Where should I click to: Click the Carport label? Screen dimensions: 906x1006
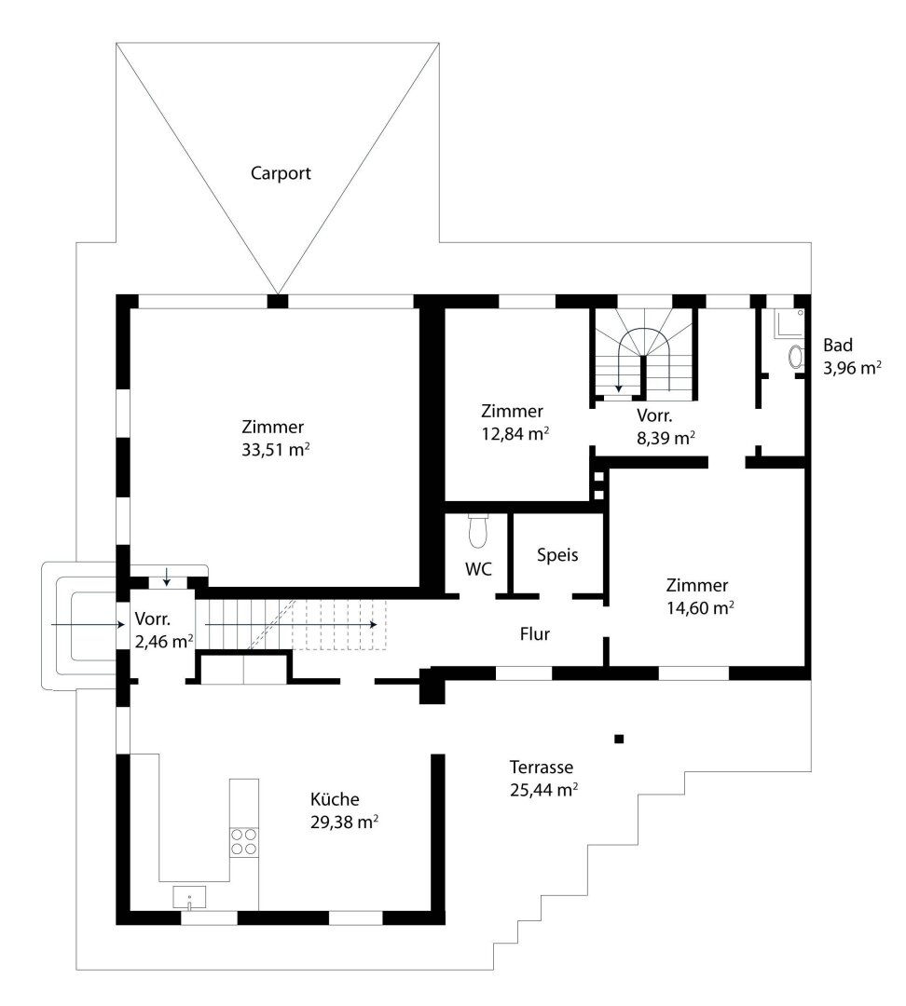pyautogui.click(x=281, y=173)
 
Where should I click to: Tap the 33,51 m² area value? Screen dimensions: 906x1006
pyautogui.click(x=276, y=449)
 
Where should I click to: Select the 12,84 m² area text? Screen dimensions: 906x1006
pyautogui.click(x=515, y=434)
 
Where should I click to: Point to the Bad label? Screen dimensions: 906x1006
pyautogui.click(x=838, y=346)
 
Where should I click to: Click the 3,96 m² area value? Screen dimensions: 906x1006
pyautogui.click(x=852, y=368)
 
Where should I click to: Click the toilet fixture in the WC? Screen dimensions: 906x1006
pyautogui.click(x=478, y=531)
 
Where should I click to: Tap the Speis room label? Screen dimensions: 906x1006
pyautogui.click(x=557, y=555)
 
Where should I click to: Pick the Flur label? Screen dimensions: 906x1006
pyautogui.click(x=535, y=634)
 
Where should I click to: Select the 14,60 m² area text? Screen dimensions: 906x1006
pyautogui.click(x=700, y=607)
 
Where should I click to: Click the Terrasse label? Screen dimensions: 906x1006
pyautogui.click(x=542, y=768)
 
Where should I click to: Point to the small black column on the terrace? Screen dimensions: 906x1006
pyautogui.click(x=619, y=739)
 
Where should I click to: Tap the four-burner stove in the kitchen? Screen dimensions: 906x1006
pyautogui.click(x=244, y=841)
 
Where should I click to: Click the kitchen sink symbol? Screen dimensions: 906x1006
pyautogui.click(x=189, y=898)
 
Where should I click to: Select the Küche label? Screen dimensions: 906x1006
pyautogui.click(x=335, y=799)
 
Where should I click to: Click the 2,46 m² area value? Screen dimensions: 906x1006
pyautogui.click(x=164, y=641)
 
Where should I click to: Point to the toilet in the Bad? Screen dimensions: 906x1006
pyautogui.click(x=796, y=358)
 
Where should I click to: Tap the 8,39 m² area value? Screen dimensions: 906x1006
pyautogui.click(x=666, y=438)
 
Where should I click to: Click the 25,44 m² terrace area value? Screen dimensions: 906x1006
pyautogui.click(x=543, y=790)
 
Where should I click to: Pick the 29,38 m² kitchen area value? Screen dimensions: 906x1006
pyautogui.click(x=344, y=822)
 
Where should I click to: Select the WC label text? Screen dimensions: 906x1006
pyautogui.click(x=478, y=569)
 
